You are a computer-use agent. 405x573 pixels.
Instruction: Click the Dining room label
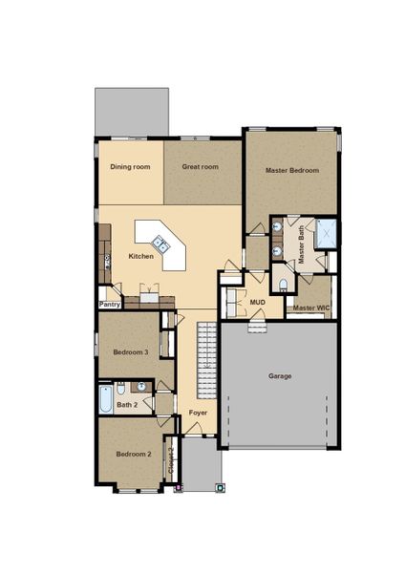[x=131, y=167]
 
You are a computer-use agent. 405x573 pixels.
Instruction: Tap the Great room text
[x=201, y=167]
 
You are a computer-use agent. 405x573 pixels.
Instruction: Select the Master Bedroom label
[x=291, y=171]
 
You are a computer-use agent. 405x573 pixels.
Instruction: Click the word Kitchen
[x=141, y=257]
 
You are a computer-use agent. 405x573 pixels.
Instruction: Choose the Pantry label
[x=110, y=306]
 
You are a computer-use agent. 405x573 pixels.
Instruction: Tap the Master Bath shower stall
[x=326, y=232]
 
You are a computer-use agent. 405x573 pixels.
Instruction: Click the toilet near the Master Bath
[x=283, y=283]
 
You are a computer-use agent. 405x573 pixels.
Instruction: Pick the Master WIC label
[x=309, y=308]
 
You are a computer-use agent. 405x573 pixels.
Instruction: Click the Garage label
[x=280, y=375]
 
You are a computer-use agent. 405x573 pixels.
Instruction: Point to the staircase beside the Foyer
[x=207, y=361]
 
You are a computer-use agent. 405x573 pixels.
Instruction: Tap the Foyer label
[x=198, y=413]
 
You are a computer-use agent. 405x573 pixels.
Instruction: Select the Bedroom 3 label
[x=131, y=352]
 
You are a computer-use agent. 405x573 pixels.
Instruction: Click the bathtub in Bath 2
[x=105, y=398]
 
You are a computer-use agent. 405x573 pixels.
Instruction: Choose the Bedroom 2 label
[x=134, y=454]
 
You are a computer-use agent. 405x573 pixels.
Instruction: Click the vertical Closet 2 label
[x=170, y=462]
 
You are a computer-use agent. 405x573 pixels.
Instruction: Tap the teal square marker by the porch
[x=221, y=487]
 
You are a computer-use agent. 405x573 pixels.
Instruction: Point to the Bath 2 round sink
[x=140, y=387]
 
